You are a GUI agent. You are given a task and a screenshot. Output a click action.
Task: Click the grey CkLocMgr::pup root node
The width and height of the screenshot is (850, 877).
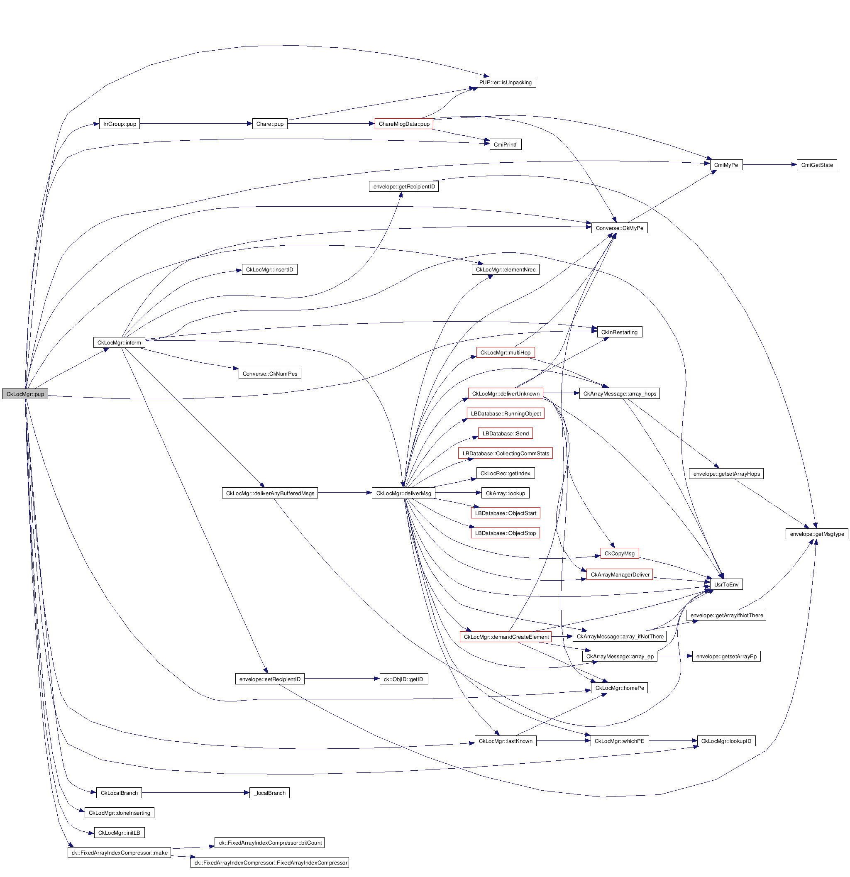pyautogui.click(x=25, y=394)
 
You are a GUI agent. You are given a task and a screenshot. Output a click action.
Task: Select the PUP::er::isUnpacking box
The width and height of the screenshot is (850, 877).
pyautogui.click(x=505, y=82)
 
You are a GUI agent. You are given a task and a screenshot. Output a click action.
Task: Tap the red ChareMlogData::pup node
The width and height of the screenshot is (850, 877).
pyautogui.click(x=403, y=124)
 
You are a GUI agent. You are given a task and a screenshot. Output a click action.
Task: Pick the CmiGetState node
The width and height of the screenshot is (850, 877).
pyautogui.click(x=816, y=165)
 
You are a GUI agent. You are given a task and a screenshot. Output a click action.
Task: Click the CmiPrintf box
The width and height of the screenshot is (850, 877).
pyautogui.click(x=505, y=144)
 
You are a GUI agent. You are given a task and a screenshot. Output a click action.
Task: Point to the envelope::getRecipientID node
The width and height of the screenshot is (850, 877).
pyautogui.click(x=403, y=187)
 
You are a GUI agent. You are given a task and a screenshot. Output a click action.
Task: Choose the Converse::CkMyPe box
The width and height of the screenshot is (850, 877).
pyautogui.click(x=619, y=228)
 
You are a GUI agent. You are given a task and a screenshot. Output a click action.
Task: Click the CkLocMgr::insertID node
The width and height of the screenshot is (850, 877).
pyautogui.click(x=269, y=270)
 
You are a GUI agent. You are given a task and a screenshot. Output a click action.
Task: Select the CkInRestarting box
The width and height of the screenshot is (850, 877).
pyautogui.click(x=619, y=332)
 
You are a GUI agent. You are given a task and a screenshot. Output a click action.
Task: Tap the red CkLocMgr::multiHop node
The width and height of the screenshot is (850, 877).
pyautogui.click(x=505, y=353)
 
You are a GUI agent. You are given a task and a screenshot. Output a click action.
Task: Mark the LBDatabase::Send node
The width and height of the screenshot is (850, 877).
pyautogui.click(x=505, y=434)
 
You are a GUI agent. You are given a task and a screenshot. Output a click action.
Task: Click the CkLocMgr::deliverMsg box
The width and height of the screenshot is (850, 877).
pyautogui.click(x=403, y=493)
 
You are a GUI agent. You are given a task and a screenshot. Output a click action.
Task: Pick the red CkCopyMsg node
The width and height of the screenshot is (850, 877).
pyautogui.click(x=619, y=554)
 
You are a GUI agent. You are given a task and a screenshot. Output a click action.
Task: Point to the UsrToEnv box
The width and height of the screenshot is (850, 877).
pyautogui.click(x=726, y=584)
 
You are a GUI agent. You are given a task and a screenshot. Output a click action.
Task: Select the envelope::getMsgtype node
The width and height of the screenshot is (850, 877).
pyautogui.click(x=816, y=534)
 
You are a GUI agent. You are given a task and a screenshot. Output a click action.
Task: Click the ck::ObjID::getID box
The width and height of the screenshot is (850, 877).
pyautogui.click(x=403, y=679)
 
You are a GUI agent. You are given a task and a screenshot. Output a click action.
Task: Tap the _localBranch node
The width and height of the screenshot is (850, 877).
pyautogui.click(x=269, y=793)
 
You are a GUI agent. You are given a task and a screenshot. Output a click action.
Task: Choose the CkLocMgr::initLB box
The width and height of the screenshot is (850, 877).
pyautogui.click(x=119, y=833)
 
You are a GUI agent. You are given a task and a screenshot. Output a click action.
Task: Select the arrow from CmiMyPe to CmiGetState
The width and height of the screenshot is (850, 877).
pyautogui.click(x=769, y=165)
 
